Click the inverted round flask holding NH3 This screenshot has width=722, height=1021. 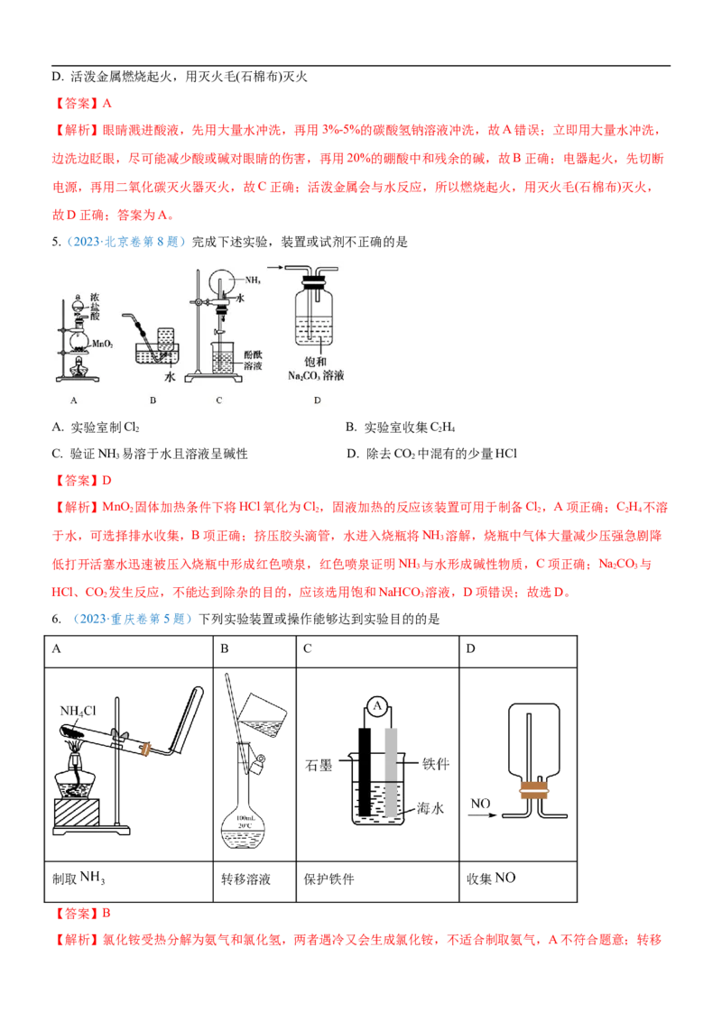(x=220, y=281)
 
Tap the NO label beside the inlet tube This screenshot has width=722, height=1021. (x=478, y=801)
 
